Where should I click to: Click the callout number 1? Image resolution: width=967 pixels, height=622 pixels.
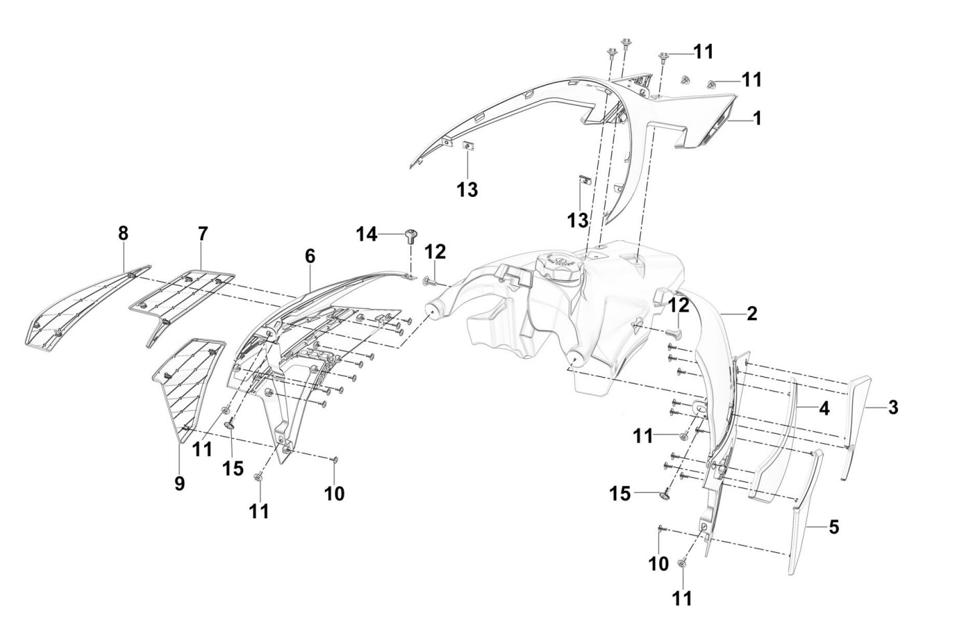click(x=757, y=119)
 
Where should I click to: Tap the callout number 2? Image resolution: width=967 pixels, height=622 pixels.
click(x=752, y=313)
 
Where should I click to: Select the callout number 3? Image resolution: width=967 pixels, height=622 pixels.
click(x=893, y=408)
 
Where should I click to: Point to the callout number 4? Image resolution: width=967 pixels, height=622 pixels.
click(x=824, y=408)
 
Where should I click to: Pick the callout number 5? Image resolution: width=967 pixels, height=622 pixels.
click(x=834, y=528)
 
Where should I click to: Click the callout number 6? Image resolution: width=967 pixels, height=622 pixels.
click(x=309, y=256)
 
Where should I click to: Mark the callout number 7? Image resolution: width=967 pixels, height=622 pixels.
click(x=203, y=234)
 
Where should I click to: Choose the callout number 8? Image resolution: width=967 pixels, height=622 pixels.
click(x=123, y=234)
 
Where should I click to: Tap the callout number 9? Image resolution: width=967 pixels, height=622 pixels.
click(x=179, y=483)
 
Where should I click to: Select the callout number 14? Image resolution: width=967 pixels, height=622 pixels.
click(x=366, y=234)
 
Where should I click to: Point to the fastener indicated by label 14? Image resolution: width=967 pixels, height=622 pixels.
click(x=410, y=235)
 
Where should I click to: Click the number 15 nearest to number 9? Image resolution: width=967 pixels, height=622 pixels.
click(x=233, y=468)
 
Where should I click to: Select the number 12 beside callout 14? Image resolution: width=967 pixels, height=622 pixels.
click(x=435, y=252)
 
